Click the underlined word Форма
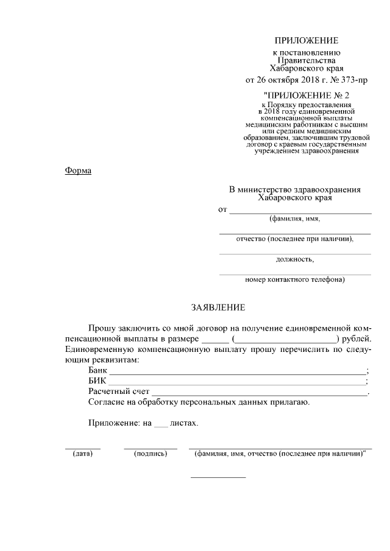coord(78,170)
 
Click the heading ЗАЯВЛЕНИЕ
coord(218,308)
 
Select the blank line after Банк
coord(238,372)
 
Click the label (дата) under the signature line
coord(82,454)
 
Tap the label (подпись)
coord(150,454)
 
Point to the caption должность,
coord(295,259)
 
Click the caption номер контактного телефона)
coord(295,280)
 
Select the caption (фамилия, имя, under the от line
coord(295,219)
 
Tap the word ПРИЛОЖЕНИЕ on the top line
coord(306,41)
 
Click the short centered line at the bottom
coord(218,477)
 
